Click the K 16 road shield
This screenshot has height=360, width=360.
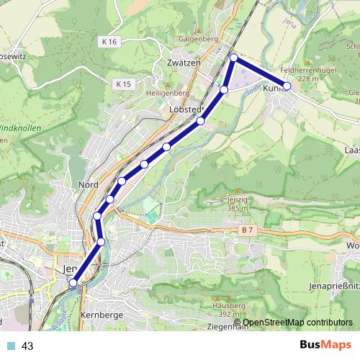click(109, 42)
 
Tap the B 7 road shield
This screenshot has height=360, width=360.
click(248, 230)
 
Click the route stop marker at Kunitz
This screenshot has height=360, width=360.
click(287, 86)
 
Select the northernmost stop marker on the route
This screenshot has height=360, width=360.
click(234, 57)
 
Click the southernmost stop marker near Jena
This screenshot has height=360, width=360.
click(73, 284)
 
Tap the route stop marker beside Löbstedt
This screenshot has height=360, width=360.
click(201, 120)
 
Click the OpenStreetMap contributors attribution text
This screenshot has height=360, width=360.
click(297, 323)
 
